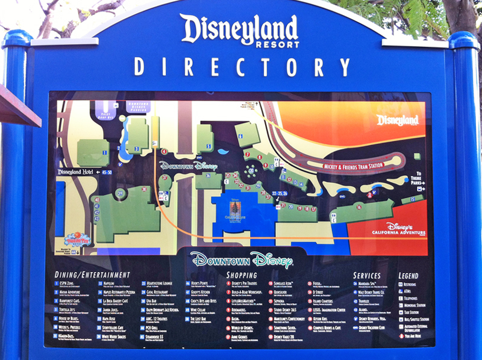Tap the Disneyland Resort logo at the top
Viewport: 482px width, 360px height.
pyautogui.click(x=239, y=31)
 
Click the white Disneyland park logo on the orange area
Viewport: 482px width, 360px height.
pyautogui.click(x=397, y=120)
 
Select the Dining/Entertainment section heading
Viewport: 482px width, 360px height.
pyautogui.click(x=92, y=275)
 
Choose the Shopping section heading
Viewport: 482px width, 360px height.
pyautogui.click(x=241, y=275)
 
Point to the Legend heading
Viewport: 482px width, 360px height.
pyautogui.click(x=408, y=275)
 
